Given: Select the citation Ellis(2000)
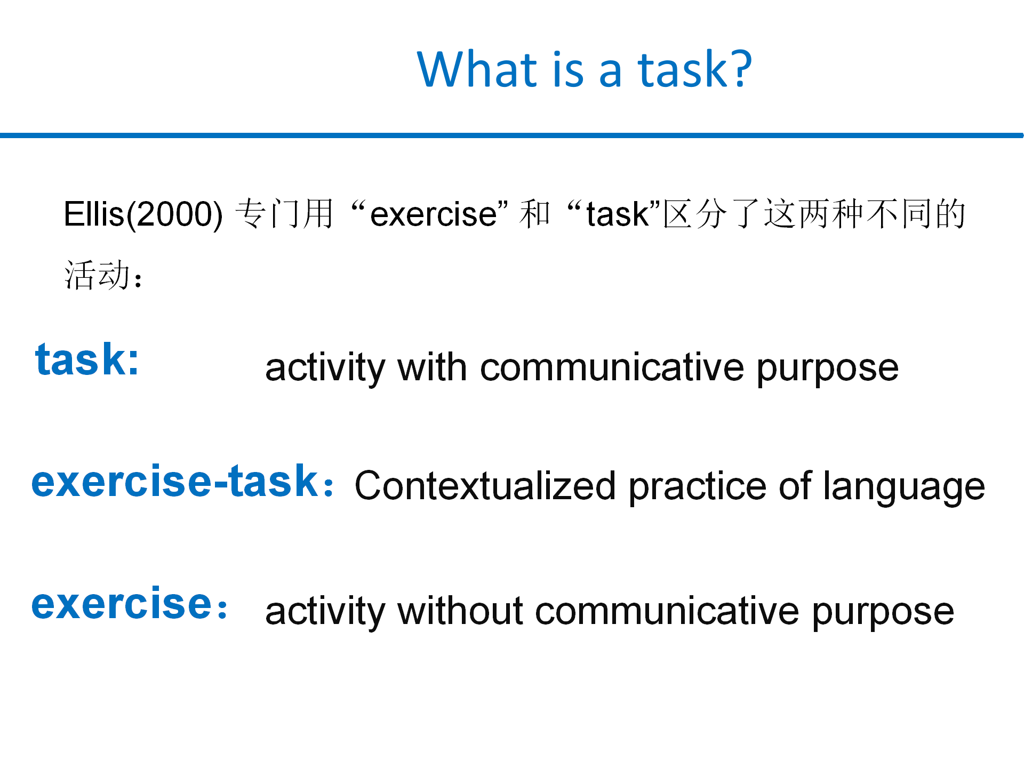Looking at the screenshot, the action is [143, 214].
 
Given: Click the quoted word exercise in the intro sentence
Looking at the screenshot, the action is [434, 214].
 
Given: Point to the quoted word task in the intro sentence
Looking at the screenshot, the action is [618, 214].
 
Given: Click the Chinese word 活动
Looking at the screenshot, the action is [97, 275].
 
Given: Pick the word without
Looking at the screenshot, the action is [460, 611].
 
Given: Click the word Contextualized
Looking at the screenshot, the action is [485, 486].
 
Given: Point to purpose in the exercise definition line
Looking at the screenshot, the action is [883, 613].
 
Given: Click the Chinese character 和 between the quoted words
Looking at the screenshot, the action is [534, 213].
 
